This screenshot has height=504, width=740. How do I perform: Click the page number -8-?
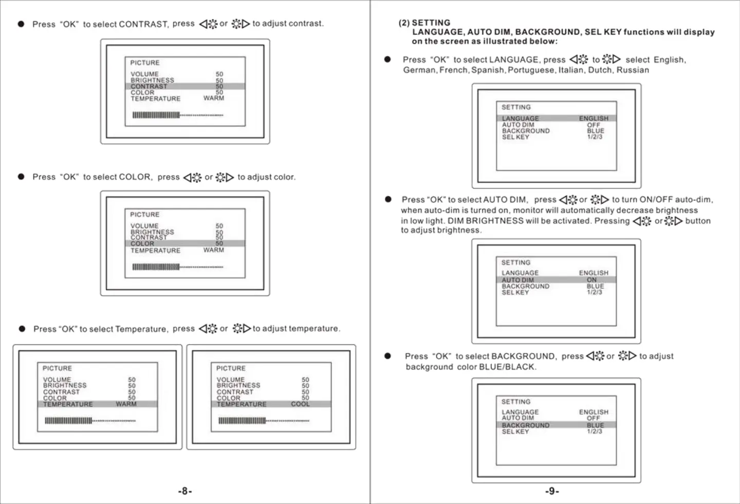pyautogui.click(x=185, y=491)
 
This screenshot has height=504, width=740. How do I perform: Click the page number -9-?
pyautogui.click(x=552, y=491)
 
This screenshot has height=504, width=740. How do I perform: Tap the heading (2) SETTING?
pyautogui.click(x=424, y=23)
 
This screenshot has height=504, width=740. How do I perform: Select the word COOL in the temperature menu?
pyautogui.click(x=300, y=404)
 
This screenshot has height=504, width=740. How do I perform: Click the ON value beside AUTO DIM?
pyautogui.click(x=592, y=280)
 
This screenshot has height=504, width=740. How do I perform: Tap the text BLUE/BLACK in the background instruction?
pyautogui.click(x=507, y=367)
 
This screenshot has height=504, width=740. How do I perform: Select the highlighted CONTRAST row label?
pyautogui.click(x=149, y=86)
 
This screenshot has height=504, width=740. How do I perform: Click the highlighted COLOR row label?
pyautogui.click(x=142, y=244)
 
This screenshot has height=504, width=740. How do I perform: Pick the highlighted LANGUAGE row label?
pyautogui.click(x=521, y=119)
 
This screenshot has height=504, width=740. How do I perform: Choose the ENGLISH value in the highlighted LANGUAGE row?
pyautogui.click(x=594, y=119)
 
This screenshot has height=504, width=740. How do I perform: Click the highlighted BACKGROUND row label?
pyautogui.click(x=526, y=425)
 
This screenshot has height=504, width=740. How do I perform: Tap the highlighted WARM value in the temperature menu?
pyautogui.click(x=126, y=404)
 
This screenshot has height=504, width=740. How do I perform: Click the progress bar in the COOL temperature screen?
pyautogui.click(x=264, y=421)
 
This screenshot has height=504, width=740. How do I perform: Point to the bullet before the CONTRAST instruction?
pyautogui.click(x=21, y=24)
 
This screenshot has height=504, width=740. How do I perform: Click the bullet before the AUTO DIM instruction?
pyautogui.click(x=388, y=199)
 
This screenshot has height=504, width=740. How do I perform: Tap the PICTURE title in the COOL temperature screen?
pyautogui.click(x=231, y=368)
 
